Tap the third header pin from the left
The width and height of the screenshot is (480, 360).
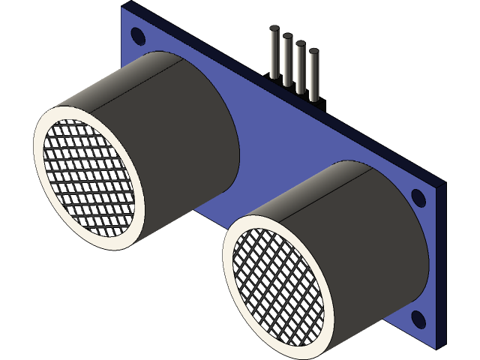[x=300, y=67]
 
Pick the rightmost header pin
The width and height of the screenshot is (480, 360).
[x=313, y=75]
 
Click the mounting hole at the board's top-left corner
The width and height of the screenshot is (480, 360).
[x=138, y=34]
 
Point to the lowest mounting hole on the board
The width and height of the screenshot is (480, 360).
[x=417, y=320]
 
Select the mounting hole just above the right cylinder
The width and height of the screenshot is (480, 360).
[x=418, y=198]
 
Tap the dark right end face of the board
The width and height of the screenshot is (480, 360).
[x=442, y=262]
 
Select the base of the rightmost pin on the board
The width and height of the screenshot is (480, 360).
[x=313, y=97]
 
